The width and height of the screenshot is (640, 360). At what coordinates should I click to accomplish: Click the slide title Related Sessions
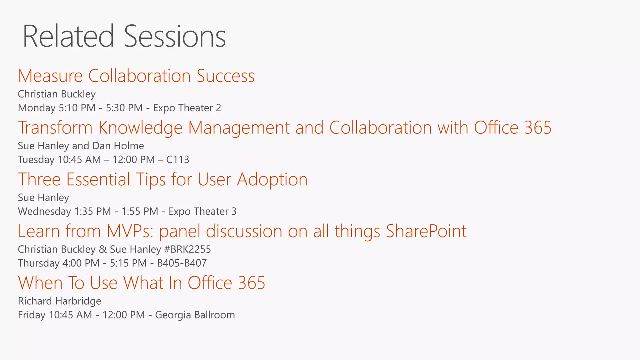(124, 37)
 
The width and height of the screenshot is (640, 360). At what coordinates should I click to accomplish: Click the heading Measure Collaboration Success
(136, 76)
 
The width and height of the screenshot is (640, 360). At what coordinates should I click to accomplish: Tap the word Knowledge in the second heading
(140, 128)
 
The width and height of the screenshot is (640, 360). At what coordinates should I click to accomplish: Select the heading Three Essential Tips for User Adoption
(162, 179)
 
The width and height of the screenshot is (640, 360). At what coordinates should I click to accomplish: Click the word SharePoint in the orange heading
(426, 231)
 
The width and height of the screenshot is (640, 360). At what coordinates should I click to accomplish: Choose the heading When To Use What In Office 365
(142, 283)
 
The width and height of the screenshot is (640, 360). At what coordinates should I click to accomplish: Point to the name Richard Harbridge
(59, 301)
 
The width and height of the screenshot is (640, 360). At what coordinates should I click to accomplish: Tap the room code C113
(177, 160)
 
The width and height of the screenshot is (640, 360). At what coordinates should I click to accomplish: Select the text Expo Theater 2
(187, 108)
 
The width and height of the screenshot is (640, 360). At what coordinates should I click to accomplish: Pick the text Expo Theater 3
(202, 212)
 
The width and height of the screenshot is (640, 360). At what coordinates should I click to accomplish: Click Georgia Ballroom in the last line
(195, 315)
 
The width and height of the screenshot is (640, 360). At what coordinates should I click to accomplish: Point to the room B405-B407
(182, 263)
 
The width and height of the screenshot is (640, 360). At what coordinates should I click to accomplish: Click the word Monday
(37, 108)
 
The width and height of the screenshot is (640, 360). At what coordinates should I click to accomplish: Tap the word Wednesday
(44, 212)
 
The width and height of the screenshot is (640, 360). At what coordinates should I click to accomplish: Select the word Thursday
(38, 263)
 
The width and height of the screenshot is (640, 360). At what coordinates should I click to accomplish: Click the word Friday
(32, 315)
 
